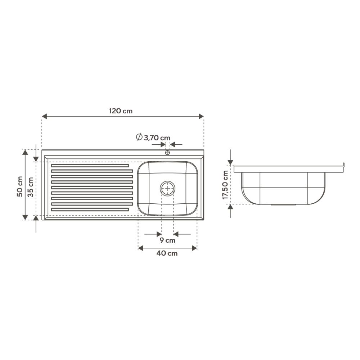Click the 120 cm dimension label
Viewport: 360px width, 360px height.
121,111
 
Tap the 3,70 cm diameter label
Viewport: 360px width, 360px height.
157,138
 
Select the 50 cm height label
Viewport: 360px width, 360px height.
20,186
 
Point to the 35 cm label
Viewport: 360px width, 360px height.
31,187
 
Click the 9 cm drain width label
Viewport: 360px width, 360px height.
167,240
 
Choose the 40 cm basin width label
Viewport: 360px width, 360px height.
167,253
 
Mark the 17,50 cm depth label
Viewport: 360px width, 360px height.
225,185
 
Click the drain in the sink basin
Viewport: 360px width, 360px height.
168,189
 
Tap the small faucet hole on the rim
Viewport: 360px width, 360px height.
168,152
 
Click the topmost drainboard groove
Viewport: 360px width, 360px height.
90,166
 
